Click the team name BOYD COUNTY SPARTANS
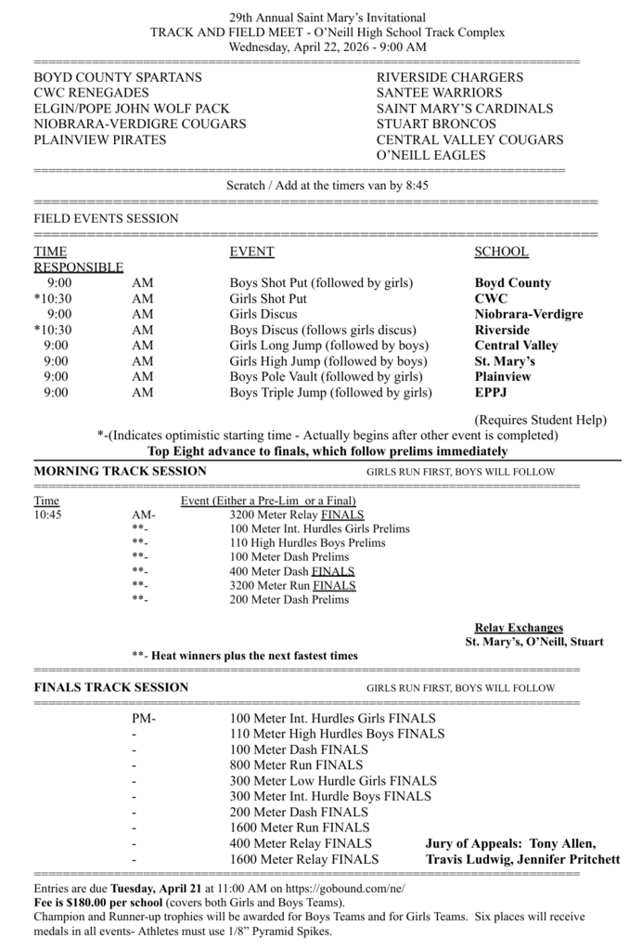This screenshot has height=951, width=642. coord(118,77)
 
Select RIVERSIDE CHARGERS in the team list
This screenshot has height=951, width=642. coord(450,77)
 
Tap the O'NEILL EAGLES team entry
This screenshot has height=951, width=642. coord(431,155)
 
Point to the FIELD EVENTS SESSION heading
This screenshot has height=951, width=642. coord(106,218)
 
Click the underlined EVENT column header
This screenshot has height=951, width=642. coord(251,252)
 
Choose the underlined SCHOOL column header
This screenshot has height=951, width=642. coord(501,252)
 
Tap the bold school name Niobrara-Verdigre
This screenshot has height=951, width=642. coord(529,314)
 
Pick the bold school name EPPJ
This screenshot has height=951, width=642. coord(491,393)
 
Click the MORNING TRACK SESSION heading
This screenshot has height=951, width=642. coord(120,471)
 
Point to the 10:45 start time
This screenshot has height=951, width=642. coord(47,514)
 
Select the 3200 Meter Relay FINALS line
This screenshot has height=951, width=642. coord(297,514)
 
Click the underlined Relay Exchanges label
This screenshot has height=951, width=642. coord(519,628)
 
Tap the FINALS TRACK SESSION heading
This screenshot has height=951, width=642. coord(111,687)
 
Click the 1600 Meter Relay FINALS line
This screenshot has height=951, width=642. coord(304,859)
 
